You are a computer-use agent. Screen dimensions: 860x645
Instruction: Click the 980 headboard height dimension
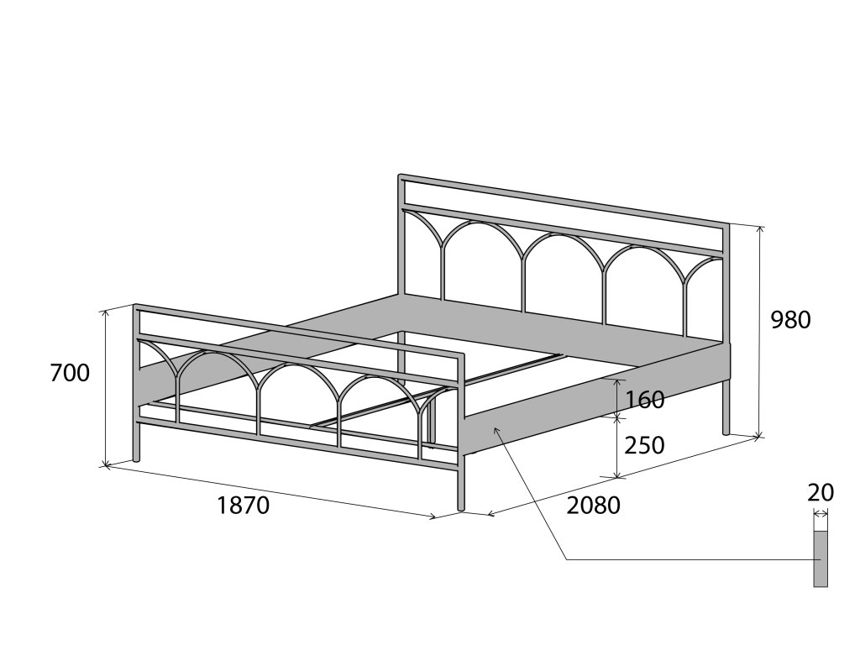click(790, 320)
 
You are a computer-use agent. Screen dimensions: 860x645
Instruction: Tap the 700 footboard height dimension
click(70, 373)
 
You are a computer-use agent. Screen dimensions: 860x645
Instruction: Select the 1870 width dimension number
click(243, 506)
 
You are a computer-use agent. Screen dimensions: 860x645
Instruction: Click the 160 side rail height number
click(645, 400)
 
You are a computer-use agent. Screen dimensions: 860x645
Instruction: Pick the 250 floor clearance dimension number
click(645, 445)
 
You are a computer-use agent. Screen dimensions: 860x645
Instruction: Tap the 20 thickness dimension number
click(821, 493)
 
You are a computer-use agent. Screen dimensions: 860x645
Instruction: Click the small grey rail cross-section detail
click(821, 558)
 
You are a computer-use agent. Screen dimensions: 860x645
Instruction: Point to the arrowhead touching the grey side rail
click(496, 429)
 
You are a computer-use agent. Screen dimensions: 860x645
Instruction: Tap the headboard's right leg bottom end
click(726, 431)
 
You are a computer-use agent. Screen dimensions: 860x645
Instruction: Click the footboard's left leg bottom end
click(137, 458)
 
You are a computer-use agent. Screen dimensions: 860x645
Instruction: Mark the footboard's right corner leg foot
click(461, 507)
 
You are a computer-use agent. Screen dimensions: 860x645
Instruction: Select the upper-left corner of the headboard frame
click(401, 177)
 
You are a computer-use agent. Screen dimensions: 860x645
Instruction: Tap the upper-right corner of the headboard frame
click(726, 226)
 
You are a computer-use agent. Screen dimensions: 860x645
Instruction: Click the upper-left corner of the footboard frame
click(137, 307)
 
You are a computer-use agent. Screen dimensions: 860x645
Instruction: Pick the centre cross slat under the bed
click(437, 390)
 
